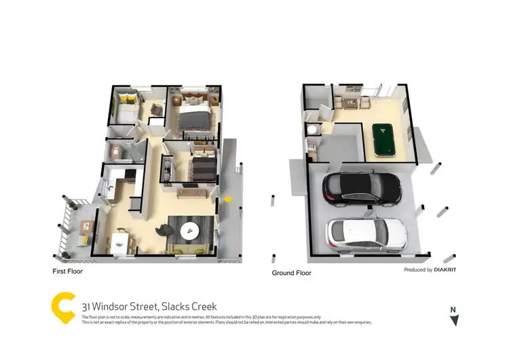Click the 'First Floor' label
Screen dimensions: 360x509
(x=72, y=271)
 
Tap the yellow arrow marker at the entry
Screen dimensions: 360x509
(x=229, y=199)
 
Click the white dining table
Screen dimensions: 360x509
(x=119, y=238)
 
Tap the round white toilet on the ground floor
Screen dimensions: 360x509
(x=312, y=129)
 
